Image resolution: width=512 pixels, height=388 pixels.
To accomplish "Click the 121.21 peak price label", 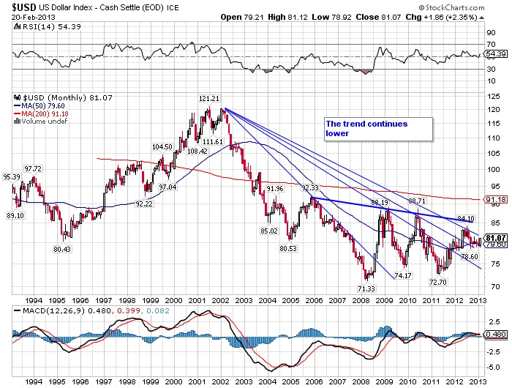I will tap(209, 99).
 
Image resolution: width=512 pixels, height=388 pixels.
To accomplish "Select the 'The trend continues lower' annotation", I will tap(366, 129).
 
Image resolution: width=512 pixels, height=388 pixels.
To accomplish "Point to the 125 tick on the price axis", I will tap(491, 97).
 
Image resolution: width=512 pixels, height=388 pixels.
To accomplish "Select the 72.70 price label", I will tap(438, 282).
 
